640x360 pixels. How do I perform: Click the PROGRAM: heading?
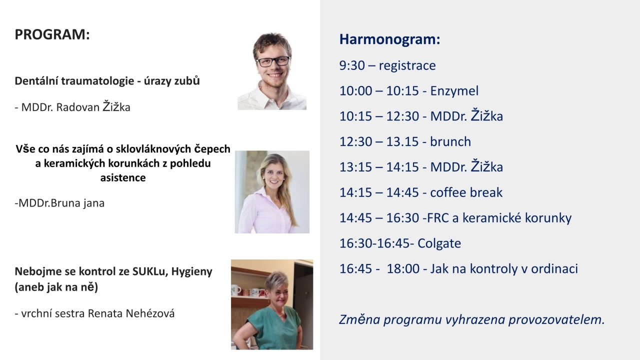[x=52, y=34]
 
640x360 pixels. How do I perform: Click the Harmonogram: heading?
[x=389, y=39]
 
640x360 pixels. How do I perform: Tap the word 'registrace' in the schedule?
[x=407, y=65]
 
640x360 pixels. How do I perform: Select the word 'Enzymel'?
[x=454, y=91]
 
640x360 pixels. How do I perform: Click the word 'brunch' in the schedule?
[x=450, y=141]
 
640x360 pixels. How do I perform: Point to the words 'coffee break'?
[x=466, y=192]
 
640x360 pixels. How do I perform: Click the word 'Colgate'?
[x=439, y=243]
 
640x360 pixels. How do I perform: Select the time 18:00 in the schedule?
[x=403, y=269]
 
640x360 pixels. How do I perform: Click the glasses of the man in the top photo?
[x=273, y=61]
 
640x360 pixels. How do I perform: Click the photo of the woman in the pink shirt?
[x=272, y=192]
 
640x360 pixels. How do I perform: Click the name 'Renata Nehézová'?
[x=131, y=313]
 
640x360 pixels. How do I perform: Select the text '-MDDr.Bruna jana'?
[x=59, y=203]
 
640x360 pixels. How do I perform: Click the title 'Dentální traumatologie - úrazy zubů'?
[x=107, y=81]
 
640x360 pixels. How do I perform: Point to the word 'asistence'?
[x=123, y=177]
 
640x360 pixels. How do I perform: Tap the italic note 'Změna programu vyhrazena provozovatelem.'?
[x=472, y=319]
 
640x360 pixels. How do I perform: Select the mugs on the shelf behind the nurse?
[x=248, y=291]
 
